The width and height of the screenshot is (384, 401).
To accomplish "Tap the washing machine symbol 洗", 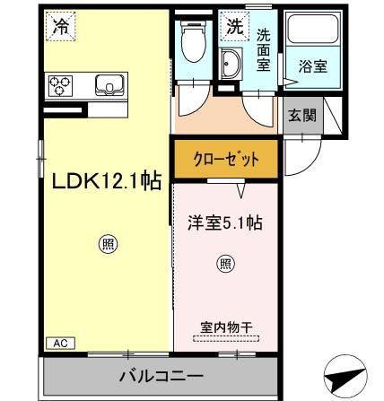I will click(234, 27).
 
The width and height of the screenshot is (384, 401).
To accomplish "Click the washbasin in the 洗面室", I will click(230, 65).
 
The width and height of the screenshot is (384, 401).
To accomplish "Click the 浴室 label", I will click(312, 67).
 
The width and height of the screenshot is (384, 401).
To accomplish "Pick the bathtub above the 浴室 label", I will click(312, 35).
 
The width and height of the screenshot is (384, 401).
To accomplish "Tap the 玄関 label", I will click(300, 114).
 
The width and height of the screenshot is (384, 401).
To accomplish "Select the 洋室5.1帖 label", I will click(225, 221).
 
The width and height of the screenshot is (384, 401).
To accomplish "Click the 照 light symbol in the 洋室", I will click(225, 264).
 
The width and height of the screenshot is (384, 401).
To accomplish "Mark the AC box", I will click(58, 343).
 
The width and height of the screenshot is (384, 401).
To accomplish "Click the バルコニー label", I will click(162, 375).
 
